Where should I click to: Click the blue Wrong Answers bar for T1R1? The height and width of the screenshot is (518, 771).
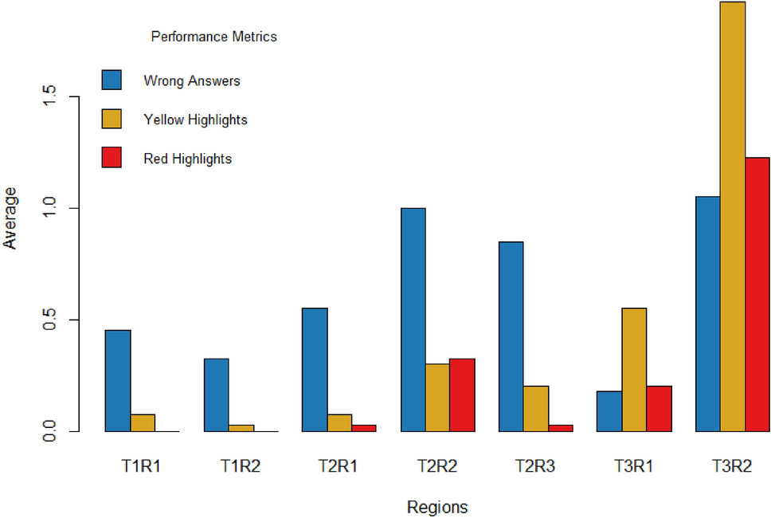(x=118, y=381)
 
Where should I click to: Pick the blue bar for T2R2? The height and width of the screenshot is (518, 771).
(x=413, y=320)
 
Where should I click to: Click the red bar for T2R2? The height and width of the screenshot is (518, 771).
(x=462, y=395)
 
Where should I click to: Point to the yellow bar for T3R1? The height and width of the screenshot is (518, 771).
(x=634, y=370)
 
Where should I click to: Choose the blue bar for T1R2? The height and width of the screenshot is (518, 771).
(x=216, y=395)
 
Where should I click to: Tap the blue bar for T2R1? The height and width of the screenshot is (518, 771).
(x=315, y=370)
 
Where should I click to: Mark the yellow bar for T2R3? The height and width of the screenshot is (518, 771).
(x=535, y=409)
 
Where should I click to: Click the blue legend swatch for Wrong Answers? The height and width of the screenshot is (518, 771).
(x=112, y=80)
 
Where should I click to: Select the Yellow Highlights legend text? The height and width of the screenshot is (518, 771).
(x=195, y=120)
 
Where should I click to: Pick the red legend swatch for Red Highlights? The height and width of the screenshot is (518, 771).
(x=112, y=159)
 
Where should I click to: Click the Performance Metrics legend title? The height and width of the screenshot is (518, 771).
(x=213, y=37)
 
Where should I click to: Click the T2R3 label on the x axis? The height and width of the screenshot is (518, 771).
(x=534, y=467)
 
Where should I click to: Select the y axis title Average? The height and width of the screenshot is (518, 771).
(x=10, y=218)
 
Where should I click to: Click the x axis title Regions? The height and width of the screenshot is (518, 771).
(x=437, y=507)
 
